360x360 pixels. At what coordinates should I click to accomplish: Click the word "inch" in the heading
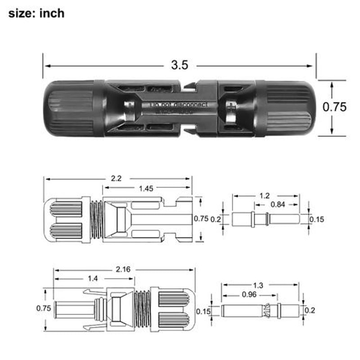click(x=53, y=13)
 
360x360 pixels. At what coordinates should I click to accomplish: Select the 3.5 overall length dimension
click(x=179, y=65)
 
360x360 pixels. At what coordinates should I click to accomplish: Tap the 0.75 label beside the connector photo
click(x=335, y=107)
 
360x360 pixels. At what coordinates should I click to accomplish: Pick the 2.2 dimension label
click(x=116, y=178)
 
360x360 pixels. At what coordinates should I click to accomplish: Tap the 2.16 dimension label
click(x=123, y=270)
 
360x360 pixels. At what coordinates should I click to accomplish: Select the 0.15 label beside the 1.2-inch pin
click(x=317, y=220)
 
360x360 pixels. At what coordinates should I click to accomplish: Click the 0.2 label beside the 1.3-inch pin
click(x=310, y=310)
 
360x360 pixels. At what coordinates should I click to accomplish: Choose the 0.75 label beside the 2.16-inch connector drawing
click(x=43, y=308)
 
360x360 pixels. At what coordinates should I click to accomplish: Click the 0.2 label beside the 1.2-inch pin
click(x=216, y=219)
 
